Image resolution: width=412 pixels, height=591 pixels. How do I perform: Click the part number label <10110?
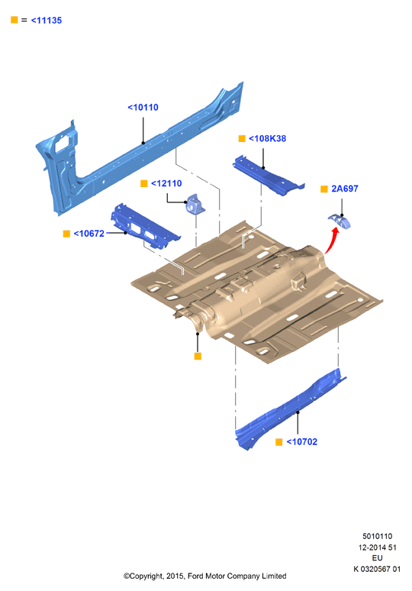tap(143, 108)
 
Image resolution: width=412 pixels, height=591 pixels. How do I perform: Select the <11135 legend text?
tap(47, 21)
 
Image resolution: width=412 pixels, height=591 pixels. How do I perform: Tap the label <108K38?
tap(267, 139)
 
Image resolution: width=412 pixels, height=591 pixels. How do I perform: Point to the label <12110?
tap(166, 183)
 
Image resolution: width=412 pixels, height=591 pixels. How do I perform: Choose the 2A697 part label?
tap(345, 189)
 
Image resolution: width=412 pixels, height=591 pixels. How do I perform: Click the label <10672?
tap(89, 234)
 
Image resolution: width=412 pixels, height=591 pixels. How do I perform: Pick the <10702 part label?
tap(302, 442)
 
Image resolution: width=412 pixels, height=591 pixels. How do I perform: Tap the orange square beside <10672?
tap(66, 234)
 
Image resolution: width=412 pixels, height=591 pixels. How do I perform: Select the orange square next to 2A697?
tap(323, 189)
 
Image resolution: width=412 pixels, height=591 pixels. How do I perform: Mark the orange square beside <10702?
tap(279, 442)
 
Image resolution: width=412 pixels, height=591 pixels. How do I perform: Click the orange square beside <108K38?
tap(242, 139)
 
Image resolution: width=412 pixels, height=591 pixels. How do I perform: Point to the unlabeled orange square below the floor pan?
tap(198, 356)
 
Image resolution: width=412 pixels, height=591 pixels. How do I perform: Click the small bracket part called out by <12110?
tap(195, 205)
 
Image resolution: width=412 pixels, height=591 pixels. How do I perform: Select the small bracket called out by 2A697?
tap(340, 221)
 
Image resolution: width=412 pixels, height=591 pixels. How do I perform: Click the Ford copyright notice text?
tap(205, 576)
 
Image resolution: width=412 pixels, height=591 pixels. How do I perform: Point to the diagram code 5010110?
tap(378, 536)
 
